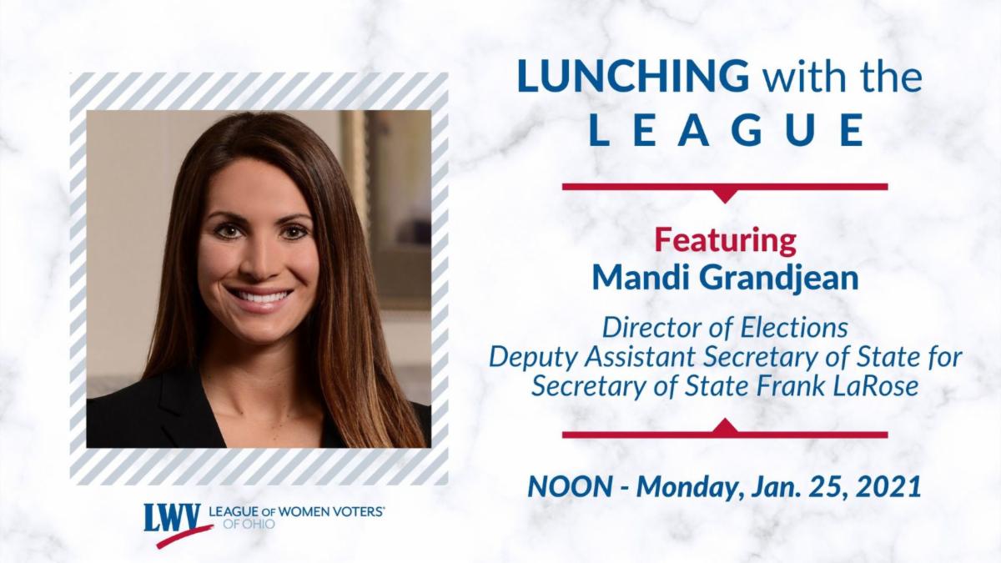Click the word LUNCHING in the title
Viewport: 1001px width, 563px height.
pyautogui.click(x=633, y=77)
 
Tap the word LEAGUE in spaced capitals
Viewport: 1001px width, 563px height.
pyautogui.click(x=727, y=130)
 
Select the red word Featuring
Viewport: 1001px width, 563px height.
pyautogui.click(x=725, y=242)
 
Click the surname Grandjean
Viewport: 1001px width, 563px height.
pyautogui.click(x=778, y=278)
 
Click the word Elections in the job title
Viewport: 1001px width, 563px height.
pyautogui.click(x=794, y=328)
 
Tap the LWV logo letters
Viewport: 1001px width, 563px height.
pyautogui.click(x=172, y=518)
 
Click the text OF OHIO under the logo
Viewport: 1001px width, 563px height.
pyautogui.click(x=249, y=524)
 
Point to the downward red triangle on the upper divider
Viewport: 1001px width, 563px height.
pyautogui.click(x=725, y=196)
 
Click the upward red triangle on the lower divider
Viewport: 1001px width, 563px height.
pyautogui.click(x=725, y=425)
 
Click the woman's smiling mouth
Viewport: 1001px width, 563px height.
pyautogui.click(x=259, y=296)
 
